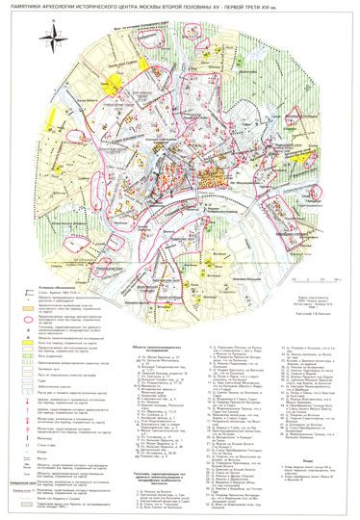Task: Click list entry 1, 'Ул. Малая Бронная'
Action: pyautogui.click(x=154, y=330)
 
